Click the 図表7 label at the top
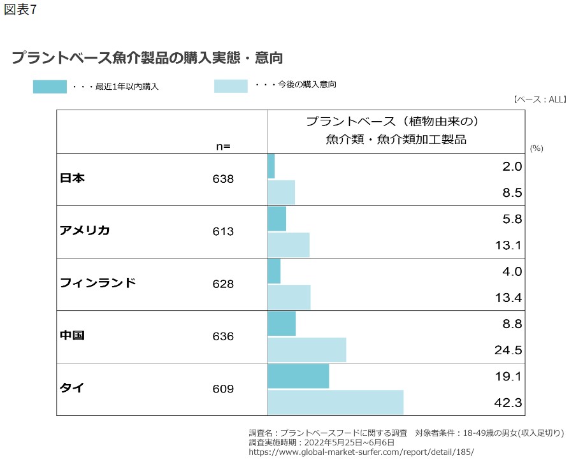pos(20,11)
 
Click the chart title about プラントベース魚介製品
pos(147,58)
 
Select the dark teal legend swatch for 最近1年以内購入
pos(50,87)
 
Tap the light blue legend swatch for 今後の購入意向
pos(231,86)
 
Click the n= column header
pos(223,146)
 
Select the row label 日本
pos(72,179)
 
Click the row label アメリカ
pos(85,231)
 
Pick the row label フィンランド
pos(97,284)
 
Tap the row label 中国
pos(72,336)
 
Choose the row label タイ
pos(72,388)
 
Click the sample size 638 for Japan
pos(223,179)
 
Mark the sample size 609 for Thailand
pos(223,389)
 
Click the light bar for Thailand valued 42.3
pos(335,402)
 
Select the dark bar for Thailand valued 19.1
pos(298,376)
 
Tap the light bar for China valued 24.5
pos(306,350)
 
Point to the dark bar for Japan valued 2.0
pos(271,166)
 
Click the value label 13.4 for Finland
pos(508,298)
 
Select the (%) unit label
pos(536,148)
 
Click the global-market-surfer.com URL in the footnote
pos(361,451)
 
